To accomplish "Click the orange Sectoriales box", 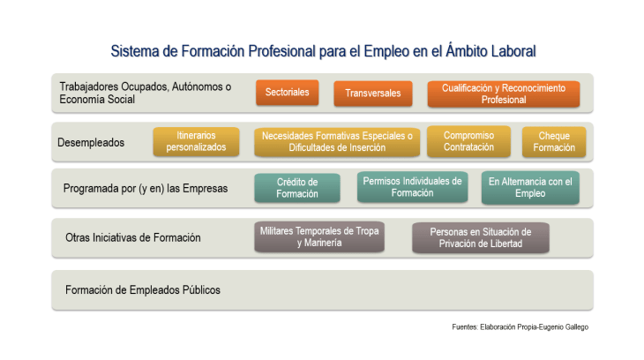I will (288, 93).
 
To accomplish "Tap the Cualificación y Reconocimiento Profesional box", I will (503, 94).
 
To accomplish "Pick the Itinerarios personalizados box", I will (196, 141).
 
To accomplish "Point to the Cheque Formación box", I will (554, 141).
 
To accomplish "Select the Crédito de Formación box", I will (297, 188).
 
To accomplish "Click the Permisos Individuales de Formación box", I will (412, 187).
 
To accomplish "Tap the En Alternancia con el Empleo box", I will (530, 187).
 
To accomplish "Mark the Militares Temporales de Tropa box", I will (318, 236).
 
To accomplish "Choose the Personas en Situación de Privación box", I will (481, 237).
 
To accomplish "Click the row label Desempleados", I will (91, 142).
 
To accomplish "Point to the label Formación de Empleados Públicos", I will (143, 289).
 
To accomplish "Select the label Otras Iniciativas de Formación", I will (133, 237).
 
